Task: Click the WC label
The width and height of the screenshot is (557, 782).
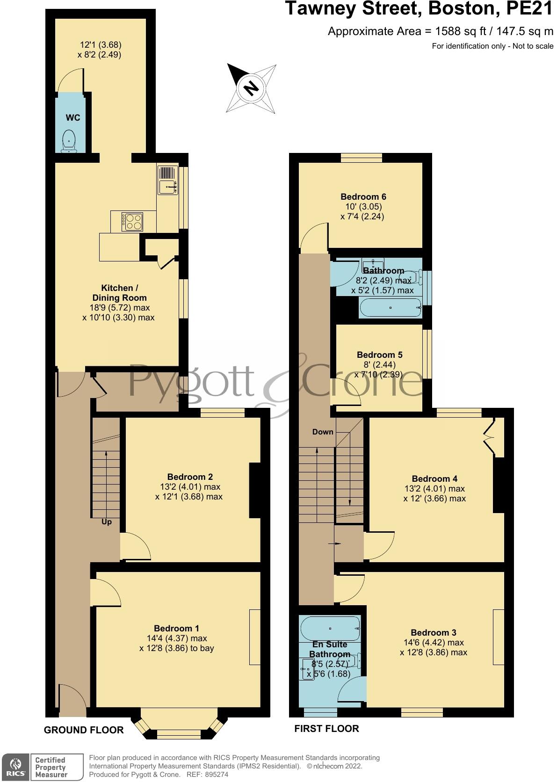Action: (x=72, y=118)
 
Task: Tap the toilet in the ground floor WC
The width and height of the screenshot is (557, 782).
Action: (x=69, y=142)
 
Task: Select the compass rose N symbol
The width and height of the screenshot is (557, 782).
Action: (x=252, y=87)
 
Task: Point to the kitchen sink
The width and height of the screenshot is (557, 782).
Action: (x=168, y=187)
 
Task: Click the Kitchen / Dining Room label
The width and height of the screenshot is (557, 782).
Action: (x=119, y=293)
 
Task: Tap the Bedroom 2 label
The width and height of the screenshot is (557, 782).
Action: (x=190, y=477)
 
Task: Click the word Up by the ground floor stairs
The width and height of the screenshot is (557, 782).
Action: (x=107, y=521)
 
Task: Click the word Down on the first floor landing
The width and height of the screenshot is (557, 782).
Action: (x=323, y=432)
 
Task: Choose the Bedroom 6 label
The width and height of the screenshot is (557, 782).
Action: (x=363, y=197)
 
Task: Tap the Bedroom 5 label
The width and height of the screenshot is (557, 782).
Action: (x=379, y=355)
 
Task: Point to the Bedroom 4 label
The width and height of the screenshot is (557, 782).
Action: (x=434, y=478)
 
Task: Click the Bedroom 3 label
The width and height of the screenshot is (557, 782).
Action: (x=434, y=632)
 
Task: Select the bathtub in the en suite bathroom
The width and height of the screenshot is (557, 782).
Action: (x=330, y=628)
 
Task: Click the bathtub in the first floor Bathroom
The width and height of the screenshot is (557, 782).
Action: (x=390, y=308)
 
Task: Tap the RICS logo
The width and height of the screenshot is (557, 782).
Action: (x=15, y=767)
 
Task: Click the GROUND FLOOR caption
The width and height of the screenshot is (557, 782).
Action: (x=84, y=730)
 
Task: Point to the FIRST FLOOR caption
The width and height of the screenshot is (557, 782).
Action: (x=326, y=728)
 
